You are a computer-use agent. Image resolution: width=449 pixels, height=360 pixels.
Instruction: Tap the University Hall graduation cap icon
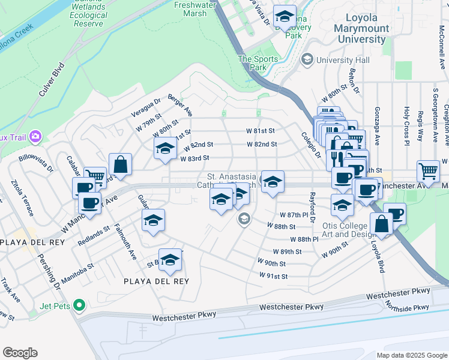tap(308, 59)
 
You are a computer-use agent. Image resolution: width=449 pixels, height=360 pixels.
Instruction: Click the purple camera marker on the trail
tap(35, 136)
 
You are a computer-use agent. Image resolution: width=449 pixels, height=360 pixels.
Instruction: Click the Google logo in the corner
tap(20, 353)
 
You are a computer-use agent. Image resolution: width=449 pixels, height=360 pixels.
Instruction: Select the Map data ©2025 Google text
tap(411, 355)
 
